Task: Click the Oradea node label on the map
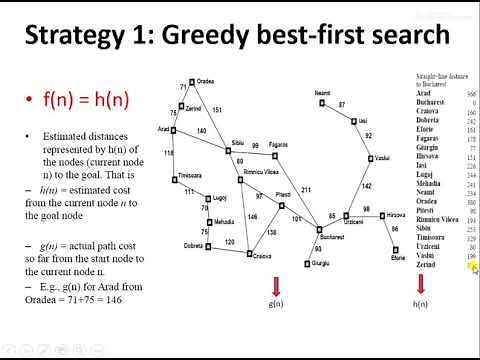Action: pos(207,81)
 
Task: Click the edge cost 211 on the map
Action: pos(306,189)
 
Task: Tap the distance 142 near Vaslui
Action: pos(367,185)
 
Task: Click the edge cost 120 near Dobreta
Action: pos(229,242)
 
